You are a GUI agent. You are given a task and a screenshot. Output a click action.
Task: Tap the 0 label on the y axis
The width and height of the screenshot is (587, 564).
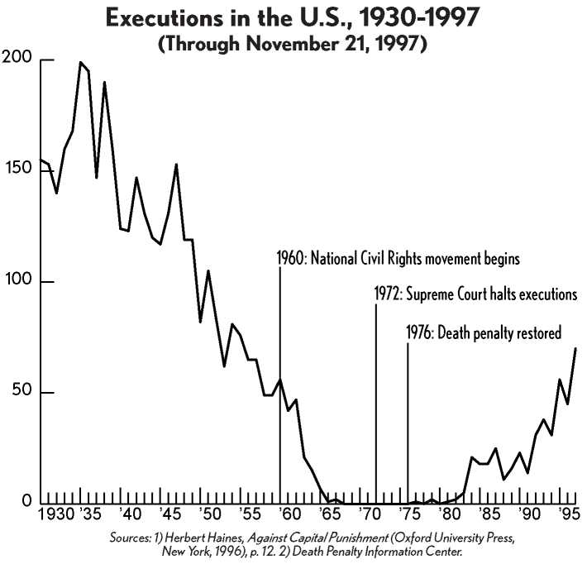25,502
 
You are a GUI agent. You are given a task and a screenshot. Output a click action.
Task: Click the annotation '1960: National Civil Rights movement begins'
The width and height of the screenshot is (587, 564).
398,259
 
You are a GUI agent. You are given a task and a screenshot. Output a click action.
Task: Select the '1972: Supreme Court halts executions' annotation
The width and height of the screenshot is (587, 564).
474,294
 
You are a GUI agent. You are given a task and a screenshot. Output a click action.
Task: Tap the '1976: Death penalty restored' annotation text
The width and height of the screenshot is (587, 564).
484,333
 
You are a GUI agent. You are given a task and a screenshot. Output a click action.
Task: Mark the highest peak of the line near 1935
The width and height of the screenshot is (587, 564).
81,62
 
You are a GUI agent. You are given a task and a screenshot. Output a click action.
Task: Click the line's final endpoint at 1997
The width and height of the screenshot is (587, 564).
575,348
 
